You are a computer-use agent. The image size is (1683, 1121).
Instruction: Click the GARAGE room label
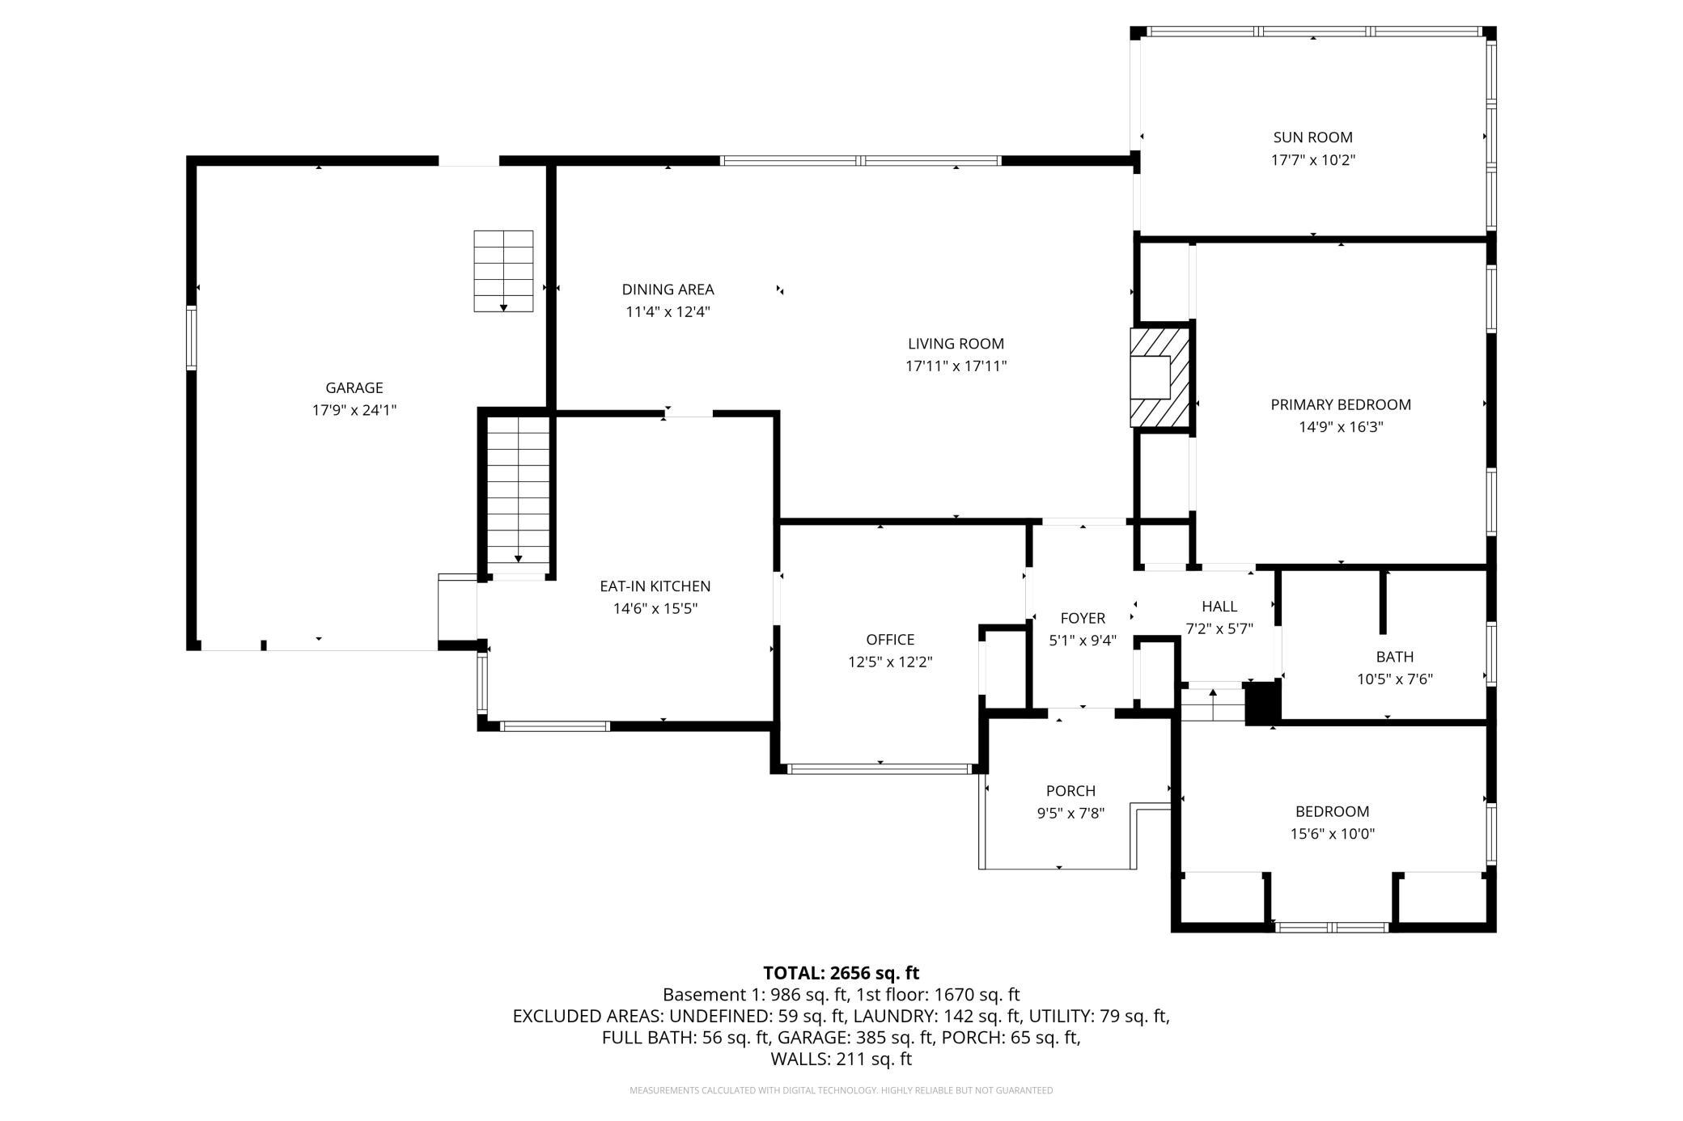point(354,388)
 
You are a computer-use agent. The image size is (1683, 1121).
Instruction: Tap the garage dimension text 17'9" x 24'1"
point(354,410)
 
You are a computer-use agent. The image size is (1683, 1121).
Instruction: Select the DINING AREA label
point(668,290)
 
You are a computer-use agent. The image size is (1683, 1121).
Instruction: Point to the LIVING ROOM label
point(956,344)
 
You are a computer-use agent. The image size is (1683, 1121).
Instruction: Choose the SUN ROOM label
point(1312,137)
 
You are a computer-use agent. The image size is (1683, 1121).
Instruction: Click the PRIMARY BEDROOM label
point(1341,404)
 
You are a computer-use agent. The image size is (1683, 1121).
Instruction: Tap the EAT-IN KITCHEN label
point(655,586)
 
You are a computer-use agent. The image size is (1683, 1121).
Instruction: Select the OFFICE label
point(890,640)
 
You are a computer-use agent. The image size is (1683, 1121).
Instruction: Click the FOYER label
point(1083,619)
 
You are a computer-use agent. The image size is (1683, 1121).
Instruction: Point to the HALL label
point(1219,607)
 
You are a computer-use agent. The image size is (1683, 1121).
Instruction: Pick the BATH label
point(1395,657)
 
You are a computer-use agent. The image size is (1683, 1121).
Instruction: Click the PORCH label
point(1070,791)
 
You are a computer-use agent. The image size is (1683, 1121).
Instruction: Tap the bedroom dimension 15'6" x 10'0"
point(1333,834)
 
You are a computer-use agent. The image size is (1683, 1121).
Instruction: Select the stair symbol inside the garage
point(503,271)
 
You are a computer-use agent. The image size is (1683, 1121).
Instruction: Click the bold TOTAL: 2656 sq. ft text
point(841,973)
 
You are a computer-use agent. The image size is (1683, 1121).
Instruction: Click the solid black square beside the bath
point(1261,703)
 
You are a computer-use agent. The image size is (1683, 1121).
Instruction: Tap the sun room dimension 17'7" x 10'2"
point(1312,160)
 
